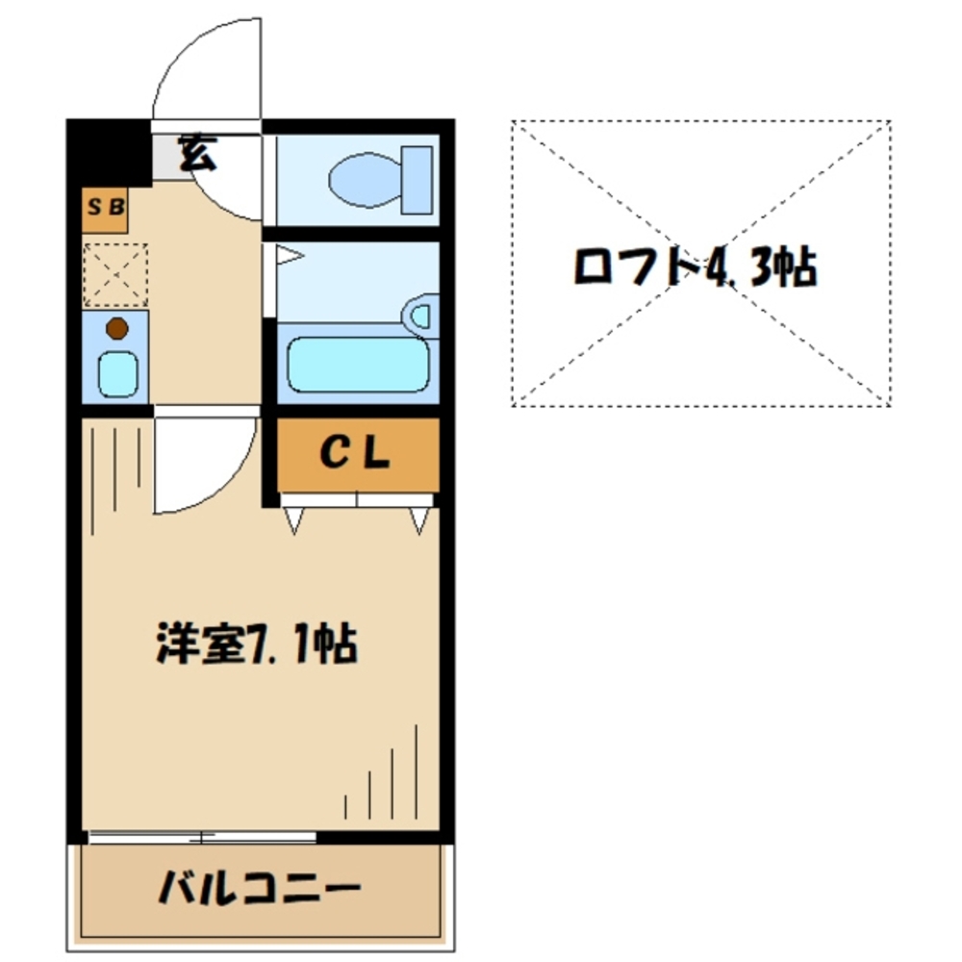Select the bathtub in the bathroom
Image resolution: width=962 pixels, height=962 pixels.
pyautogui.click(x=356, y=364)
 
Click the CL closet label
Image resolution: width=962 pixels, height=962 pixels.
pyautogui.click(x=355, y=455)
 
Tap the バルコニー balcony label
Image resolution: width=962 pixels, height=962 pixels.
pyautogui.click(x=260, y=887)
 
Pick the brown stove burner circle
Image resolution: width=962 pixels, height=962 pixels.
pyautogui.click(x=116, y=329)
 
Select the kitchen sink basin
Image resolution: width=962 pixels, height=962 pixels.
pyautogui.click(x=118, y=372)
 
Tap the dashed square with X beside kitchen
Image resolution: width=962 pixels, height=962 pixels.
pyautogui.click(x=115, y=274)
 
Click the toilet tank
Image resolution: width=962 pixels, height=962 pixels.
pyautogui.click(x=418, y=179)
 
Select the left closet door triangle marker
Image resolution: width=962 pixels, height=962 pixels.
pyautogui.click(x=294, y=520)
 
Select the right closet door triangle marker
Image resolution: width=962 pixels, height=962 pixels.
pyautogui.click(x=418, y=520)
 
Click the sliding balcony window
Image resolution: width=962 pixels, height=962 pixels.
pyautogui.click(x=202, y=835)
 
